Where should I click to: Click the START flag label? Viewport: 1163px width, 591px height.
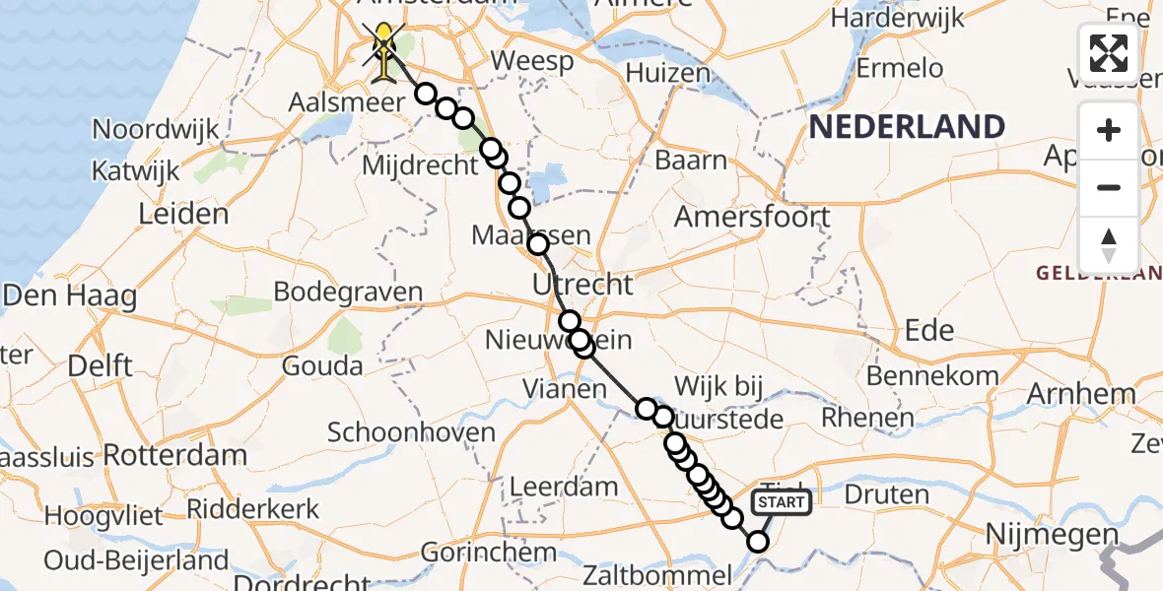point(783,502)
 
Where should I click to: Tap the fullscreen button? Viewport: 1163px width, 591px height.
point(1109,53)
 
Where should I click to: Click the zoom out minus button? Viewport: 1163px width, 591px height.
point(1109,187)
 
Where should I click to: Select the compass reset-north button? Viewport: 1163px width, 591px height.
point(1109,244)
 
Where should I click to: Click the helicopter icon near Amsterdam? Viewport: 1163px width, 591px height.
point(382,44)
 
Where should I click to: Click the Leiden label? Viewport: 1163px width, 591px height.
point(183,214)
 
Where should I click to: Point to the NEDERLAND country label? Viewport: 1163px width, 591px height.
point(907,126)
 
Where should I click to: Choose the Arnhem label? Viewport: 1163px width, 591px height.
point(1080,394)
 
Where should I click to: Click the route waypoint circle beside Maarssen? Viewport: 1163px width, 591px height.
point(538,244)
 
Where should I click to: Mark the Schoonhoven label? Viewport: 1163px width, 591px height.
point(411,432)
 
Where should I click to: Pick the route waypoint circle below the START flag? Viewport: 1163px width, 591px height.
point(757,541)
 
